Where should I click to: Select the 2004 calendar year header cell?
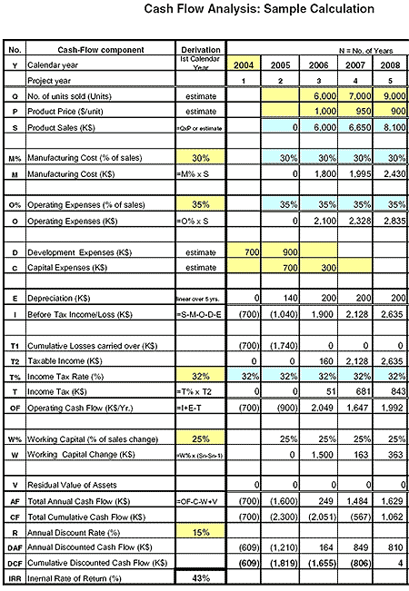click(x=244, y=64)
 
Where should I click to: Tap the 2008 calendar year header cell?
click(x=390, y=64)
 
